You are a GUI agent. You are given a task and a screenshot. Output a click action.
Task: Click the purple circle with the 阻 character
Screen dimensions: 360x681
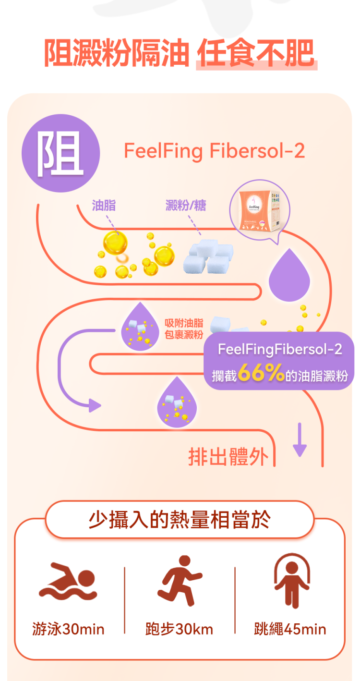(x=61, y=153)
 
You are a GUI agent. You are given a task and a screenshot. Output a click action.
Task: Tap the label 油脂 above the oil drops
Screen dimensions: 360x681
(x=104, y=206)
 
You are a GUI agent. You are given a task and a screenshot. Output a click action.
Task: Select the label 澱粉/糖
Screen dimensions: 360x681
(x=186, y=206)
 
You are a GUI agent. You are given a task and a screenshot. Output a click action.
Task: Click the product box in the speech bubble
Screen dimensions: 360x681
(x=260, y=210)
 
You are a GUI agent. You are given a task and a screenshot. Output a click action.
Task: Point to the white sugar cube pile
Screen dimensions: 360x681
(x=208, y=256)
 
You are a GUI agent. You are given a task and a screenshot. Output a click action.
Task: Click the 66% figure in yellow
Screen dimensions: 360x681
(x=261, y=373)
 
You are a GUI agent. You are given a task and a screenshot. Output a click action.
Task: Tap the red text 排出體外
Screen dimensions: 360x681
(x=228, y=457)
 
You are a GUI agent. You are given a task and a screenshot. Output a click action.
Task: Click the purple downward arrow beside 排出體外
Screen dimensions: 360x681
(x=300, y=439)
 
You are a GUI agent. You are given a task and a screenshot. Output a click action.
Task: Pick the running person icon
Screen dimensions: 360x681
(x=180, y=581)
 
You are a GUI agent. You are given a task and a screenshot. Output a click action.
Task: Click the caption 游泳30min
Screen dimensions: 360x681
(x=68, y=629)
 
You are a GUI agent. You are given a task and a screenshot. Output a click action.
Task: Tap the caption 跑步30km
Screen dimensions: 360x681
(x=179, y=629)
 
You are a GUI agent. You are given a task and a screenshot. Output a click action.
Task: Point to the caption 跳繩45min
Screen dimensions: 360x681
(x=290, y=629)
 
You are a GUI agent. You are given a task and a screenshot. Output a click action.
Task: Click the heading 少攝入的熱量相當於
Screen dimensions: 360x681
(x=180, y=520)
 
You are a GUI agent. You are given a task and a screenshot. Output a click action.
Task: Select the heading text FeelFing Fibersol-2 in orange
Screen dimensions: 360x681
(x=215, y=151)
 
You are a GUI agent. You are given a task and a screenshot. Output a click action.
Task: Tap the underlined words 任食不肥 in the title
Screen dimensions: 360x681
(x=256, y=53)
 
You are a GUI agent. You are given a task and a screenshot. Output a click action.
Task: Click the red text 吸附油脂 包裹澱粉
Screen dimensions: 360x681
(x=184, y=328)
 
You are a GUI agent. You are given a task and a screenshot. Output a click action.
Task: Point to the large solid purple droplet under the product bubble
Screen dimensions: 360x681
(x=289, y=275)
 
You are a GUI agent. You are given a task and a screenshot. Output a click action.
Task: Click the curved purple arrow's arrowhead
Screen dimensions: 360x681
(x=95, y=405)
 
